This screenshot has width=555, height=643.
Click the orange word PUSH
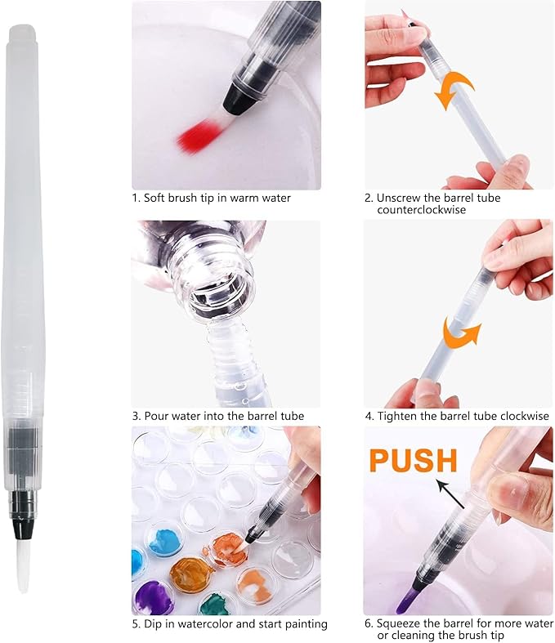click(x=413, y=460)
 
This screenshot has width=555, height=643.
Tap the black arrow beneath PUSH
click(x=451, y=494)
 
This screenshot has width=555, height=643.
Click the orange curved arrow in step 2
click(x=454, y=89)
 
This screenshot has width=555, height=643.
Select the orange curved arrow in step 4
click(x=462, y=333)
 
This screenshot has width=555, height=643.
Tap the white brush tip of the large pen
click(x=23, y=565)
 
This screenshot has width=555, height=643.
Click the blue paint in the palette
click(x=165, y=543)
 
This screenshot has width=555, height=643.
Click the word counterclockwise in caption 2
click(x=421, y=210)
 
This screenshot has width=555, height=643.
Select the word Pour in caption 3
click(x=156, y=416)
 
